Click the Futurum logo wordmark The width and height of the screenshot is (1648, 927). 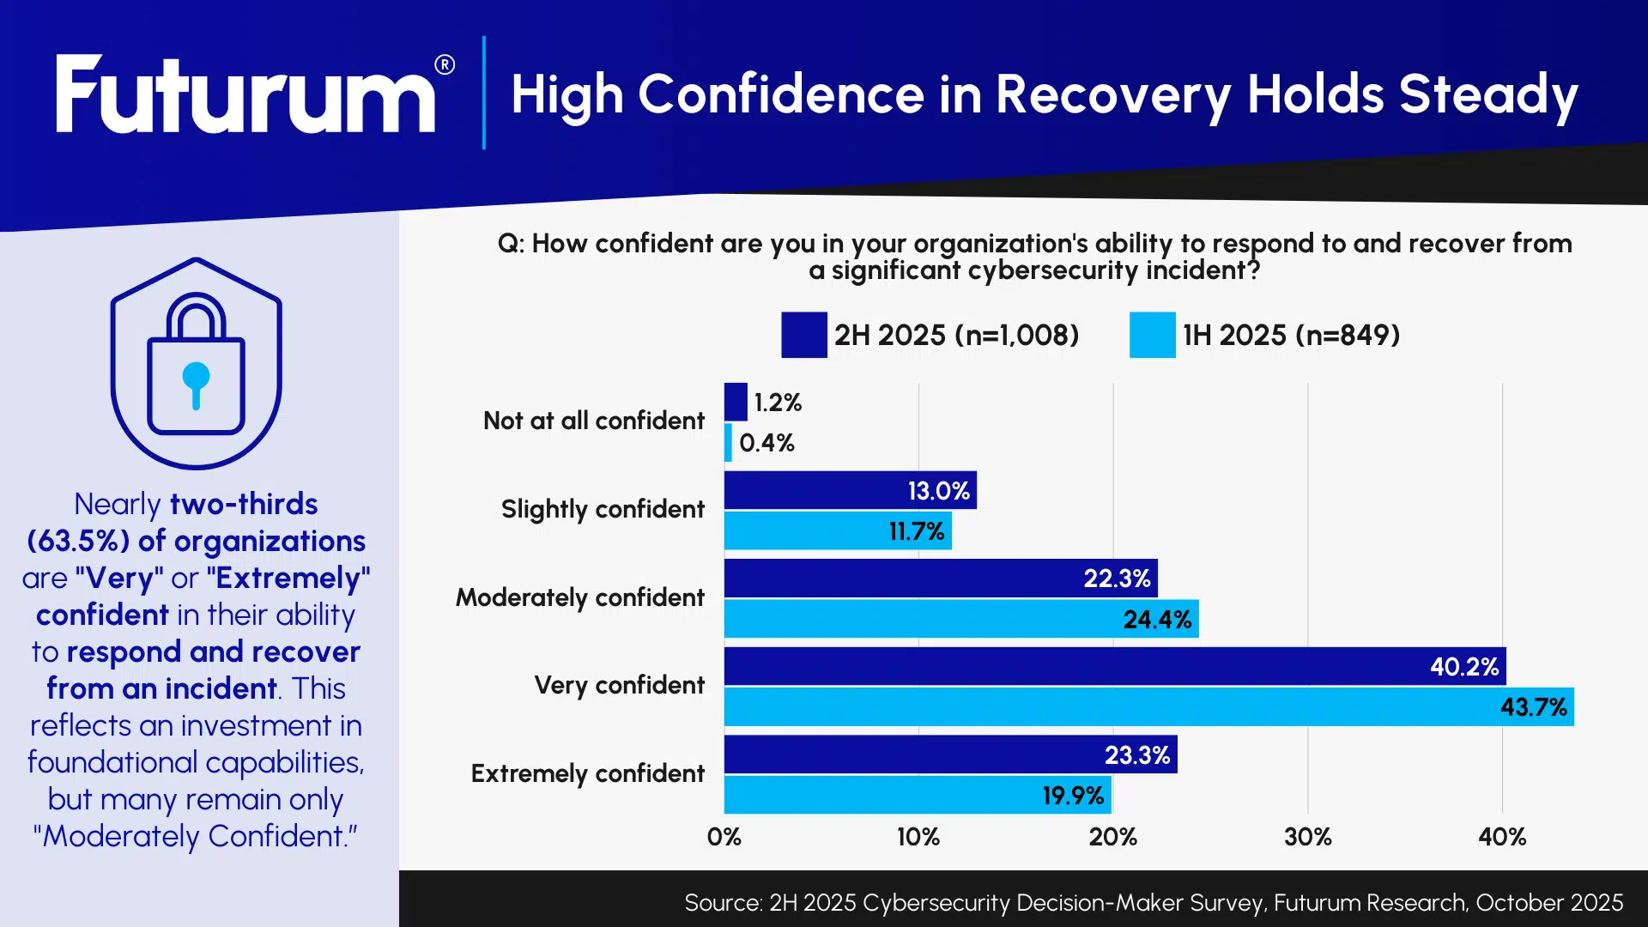pyautogui.click(x=245, y=94)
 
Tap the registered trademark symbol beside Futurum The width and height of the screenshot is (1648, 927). pyautogui.click(x=445, y=65)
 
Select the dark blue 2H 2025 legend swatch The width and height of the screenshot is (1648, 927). pyautogui.click(x=803, y=335)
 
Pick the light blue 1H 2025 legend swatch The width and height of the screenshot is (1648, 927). pyautogui.click(x=1152, y=335)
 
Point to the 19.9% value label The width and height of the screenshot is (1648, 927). pyautogui.click(x=1073, y=796)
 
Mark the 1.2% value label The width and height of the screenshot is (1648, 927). pyautogui.click(x=778, y=403)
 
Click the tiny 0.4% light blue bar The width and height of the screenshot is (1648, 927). pyautogui.click(x=728, y=443)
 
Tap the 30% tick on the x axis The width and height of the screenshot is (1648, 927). pyautogui.click(x=1307, y=837)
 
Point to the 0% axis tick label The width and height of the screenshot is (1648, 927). pyautogui.click(x=724, y=837)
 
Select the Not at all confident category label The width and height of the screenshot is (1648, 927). pyautogui.click(x=593, y=421)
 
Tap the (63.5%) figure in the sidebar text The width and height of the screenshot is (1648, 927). pyautogui.click(x=78, y=542)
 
